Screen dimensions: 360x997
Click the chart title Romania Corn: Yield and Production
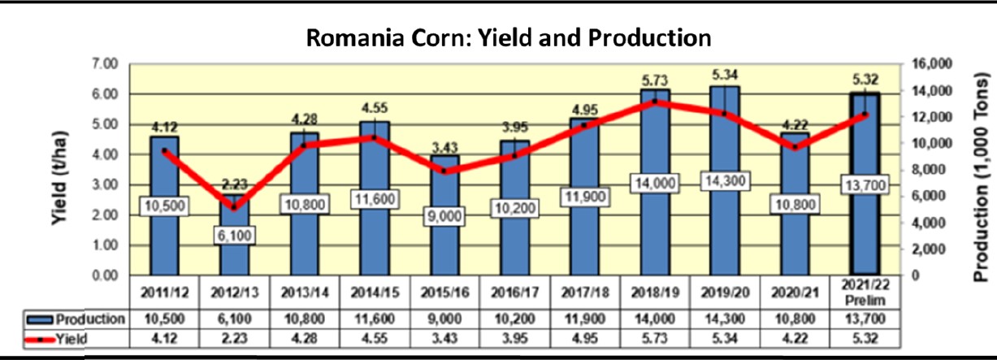click(509, 37)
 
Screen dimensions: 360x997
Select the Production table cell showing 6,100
click(233, 319)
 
